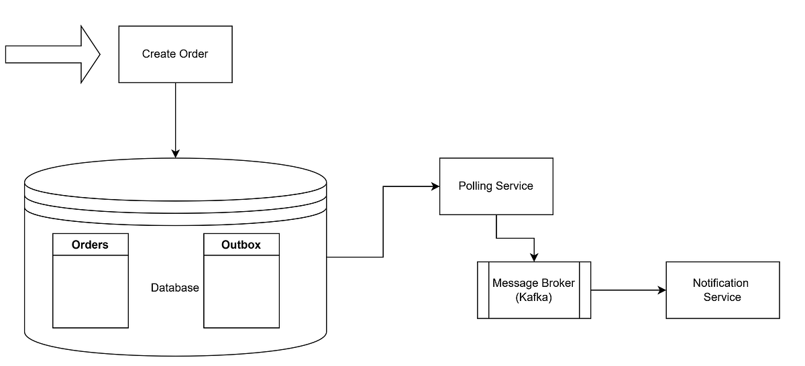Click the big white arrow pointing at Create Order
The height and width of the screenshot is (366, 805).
pyautogui.click(x=47, y=54)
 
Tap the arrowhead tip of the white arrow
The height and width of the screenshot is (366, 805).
pyautogui.click(x=97, y=54)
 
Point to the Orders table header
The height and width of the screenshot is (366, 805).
pyautogui.click(x=90, y=245)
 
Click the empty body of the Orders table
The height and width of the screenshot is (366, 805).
pyautogui.click(x=90, y=292)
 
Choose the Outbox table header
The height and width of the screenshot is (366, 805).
pyautogui.click(x=241, y=245)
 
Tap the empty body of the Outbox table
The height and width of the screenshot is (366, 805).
pyautogui.click(x=241, y=292)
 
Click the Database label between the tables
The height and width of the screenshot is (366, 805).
pyautogui.click(x=174, y=288)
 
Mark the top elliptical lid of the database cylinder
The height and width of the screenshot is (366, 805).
pyautogui.click(x=174, y=181)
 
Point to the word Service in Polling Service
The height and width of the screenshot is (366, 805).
pyautogui.click(x=515, y=186)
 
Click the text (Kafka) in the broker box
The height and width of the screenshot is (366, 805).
pyautogui.click(x=533, y=297)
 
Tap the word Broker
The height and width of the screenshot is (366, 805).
pyautogui.click(x=557, y=283)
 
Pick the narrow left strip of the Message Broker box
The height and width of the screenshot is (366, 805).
pyautogui.click(x=483, y=289)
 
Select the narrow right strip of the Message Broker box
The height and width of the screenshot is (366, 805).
pyautogui.click(x=584, y=289)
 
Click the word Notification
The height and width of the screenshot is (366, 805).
pyautogui.click(x=720, y=283)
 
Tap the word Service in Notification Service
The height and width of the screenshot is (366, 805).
pyautogui.click(x=722, y=297)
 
